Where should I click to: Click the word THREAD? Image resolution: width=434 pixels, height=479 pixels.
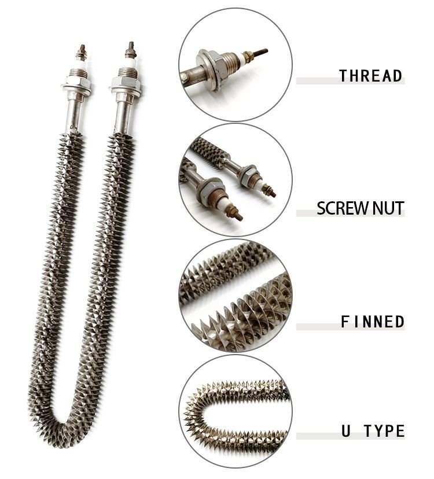370,76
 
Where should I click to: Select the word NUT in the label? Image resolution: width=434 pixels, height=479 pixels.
388,208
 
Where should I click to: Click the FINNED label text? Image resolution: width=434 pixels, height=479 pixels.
372,322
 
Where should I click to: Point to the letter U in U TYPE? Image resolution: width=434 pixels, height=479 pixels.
345,431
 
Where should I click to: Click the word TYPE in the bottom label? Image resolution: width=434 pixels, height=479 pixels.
385,431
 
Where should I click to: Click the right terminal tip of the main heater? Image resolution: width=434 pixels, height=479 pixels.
131,45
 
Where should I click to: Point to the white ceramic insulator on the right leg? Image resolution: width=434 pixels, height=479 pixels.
130,60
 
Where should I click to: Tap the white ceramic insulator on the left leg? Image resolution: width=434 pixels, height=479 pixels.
82,62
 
